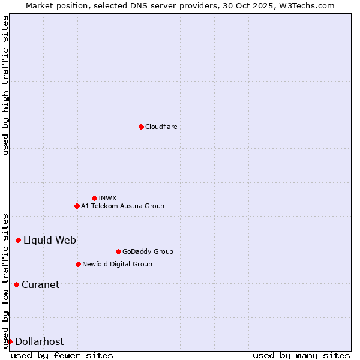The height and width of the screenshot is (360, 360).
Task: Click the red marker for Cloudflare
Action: [141, 127]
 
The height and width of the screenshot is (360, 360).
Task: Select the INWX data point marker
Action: [94, 198]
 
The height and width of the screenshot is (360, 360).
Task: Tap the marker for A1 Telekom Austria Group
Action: [77, 206]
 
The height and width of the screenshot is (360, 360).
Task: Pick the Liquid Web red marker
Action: [18, 240]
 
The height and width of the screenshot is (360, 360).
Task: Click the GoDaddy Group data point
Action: [118, 251]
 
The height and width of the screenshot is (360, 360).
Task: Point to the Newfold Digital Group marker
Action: [78, 264]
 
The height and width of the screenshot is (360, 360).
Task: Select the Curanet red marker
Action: [16, 284]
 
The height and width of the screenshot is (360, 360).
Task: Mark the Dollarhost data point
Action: [10, 341]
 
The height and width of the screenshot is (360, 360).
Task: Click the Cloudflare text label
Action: [161, 127]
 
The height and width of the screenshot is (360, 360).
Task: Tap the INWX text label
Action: [107, 198]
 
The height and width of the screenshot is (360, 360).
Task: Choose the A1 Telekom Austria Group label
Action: [122, 206]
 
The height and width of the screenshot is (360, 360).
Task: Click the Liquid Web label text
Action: [50, 240]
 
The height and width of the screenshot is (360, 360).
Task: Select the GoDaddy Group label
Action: [148, 251]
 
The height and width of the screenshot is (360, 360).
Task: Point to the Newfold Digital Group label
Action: [117, 264]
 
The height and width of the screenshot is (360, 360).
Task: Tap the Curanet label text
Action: [40, 284]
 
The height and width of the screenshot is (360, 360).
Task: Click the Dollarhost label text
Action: [39, 341]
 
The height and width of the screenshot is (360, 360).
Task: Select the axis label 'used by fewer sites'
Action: [62, 355]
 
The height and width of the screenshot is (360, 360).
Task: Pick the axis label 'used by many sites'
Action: [301, 355]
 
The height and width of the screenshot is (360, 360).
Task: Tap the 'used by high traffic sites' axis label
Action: [5, 85]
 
